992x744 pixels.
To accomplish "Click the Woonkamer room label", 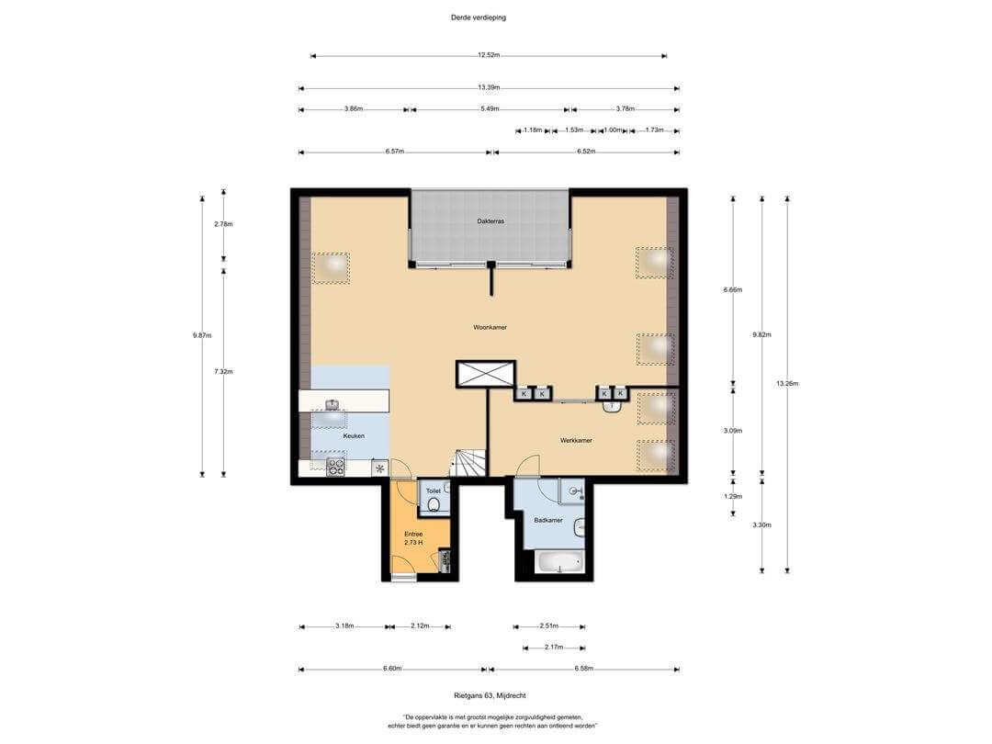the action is click(490, 328).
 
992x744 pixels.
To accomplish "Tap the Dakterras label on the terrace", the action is click(490, 221).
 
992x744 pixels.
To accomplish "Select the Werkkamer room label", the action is click(576, 440).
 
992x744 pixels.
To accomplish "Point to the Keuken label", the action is click(354, 436).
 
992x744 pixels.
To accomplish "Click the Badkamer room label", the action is click(547, 521).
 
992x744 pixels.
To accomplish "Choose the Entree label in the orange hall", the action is click(413, 534).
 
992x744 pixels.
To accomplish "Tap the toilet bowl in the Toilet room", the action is click(434, 504).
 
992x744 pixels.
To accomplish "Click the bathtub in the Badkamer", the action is click(558, 562).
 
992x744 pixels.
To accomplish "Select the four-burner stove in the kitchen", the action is click(335, 467).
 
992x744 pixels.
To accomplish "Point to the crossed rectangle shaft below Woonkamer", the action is click(485, 374).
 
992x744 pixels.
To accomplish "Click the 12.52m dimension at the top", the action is click(489, 55).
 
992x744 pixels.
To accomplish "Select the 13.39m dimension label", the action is click(489, 87).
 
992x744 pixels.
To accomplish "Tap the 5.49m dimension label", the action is click(490, 108).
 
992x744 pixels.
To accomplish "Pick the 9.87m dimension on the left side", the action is click(202, 335).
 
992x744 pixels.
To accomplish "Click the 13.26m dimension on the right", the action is click(787, 383).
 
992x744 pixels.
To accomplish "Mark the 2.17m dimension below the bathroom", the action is click(553, 648).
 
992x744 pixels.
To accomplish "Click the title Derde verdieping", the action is click(479, 17).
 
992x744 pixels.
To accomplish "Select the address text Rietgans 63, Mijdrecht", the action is click(490, 695).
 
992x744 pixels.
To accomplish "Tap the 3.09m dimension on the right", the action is click(733, 431).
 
